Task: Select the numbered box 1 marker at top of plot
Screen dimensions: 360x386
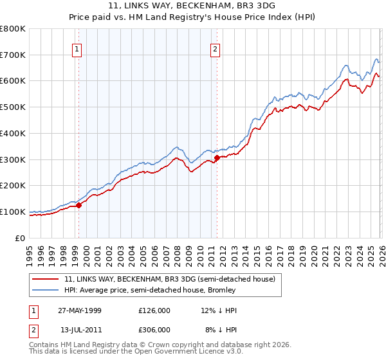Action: coord(77,48)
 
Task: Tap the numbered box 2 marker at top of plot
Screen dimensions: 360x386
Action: coord(215,48)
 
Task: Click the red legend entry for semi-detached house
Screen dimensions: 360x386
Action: coord(169,279)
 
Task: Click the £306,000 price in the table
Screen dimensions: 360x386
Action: coord(154,329)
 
